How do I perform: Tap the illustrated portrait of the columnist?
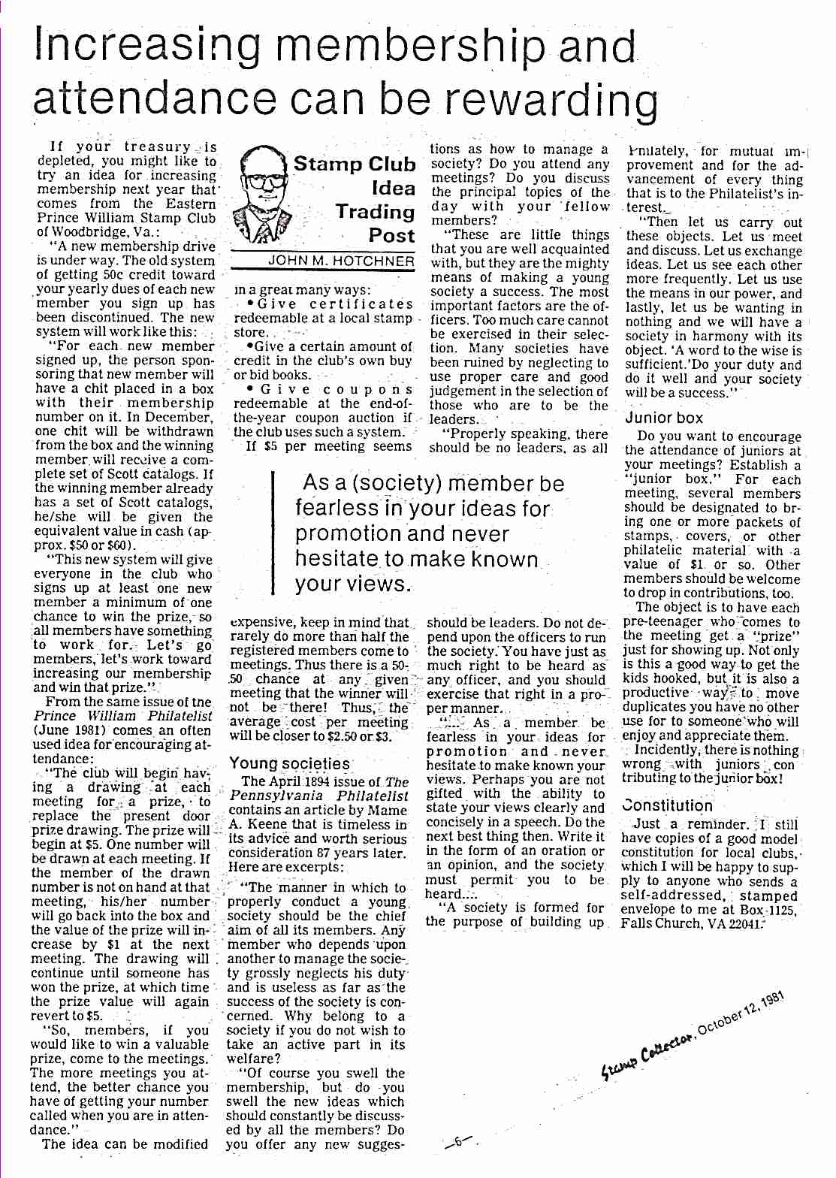(x=260, y=197)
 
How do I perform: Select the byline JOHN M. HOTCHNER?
(x=341, y=261)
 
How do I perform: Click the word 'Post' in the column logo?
(x=391, y=235)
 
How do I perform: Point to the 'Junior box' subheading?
(x=664, y=418)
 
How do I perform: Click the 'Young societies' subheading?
(x=289, y=763)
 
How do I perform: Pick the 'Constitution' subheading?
(x=667, y=805)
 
